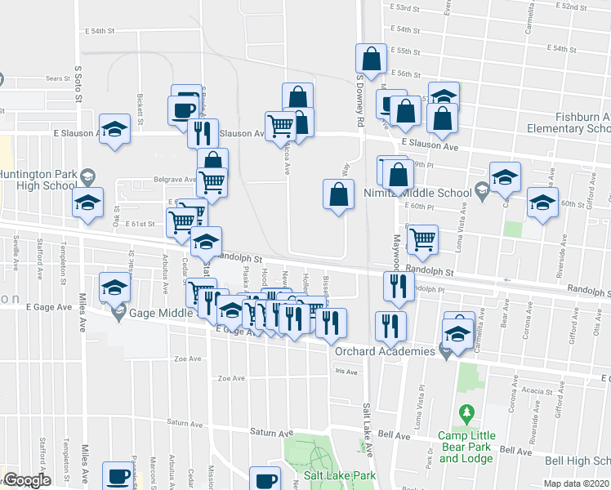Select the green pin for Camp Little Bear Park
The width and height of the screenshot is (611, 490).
point(466,414)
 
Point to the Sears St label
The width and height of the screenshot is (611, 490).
point(58,79)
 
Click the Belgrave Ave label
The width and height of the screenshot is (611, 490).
point(172,180)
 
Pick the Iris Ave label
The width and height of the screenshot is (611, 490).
point(346,372)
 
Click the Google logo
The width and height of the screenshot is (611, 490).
point(27,480)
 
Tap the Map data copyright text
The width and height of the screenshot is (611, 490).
point(577,483)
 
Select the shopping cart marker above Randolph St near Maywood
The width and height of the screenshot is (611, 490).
point(422,239)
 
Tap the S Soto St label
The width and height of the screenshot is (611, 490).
point(79,84)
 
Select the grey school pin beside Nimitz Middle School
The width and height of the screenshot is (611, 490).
point(482,193)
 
